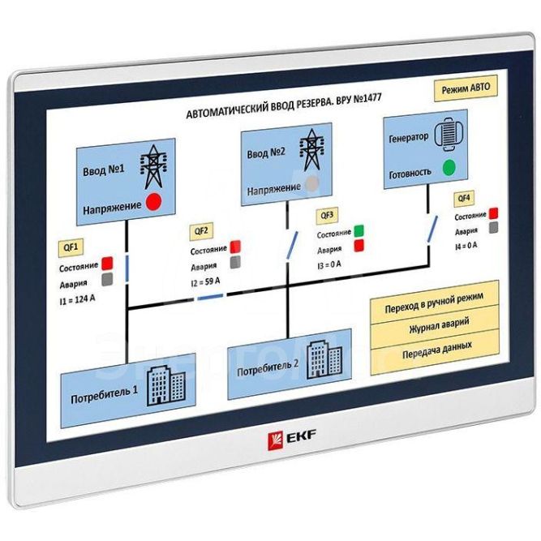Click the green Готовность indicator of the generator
coord(448,169)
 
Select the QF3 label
coord(328,215)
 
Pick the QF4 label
coord(464,198)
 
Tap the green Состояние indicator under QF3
coord(359,231)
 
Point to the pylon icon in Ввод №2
coord(311,150)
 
